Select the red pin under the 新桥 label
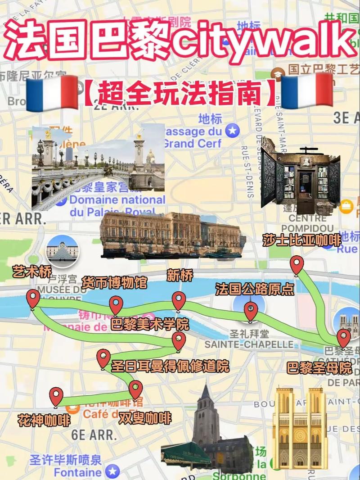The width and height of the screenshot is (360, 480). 179,301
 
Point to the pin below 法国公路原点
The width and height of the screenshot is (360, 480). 251,311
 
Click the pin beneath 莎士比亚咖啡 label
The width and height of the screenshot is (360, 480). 297,265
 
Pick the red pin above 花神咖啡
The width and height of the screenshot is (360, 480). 56,396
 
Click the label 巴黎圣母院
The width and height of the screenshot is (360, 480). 319,368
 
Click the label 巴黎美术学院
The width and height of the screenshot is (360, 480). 150,325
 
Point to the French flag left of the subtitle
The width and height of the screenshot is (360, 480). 52,92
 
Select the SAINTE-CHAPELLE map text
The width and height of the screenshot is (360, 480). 249,344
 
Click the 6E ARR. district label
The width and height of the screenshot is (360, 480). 94,435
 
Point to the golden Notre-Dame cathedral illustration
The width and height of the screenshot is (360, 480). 300,428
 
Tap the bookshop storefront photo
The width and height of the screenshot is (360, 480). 300,176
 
